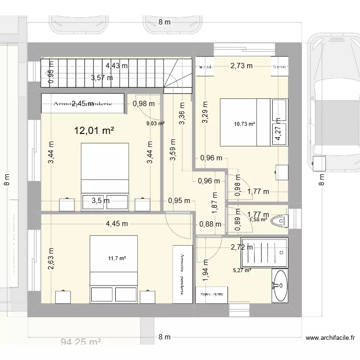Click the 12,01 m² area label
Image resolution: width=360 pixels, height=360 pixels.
point(96,131)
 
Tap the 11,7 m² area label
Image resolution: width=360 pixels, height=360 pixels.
point(117,258)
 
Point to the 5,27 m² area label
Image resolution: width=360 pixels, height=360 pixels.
point(242,271)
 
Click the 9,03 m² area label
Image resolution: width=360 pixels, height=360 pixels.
point(155,123)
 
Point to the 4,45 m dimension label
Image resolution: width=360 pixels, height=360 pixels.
point(118,223)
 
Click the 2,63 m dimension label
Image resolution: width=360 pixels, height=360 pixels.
point(51,259)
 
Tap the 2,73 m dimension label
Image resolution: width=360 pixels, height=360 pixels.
point(241,66)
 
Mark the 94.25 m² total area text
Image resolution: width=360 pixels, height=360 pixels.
point(81,343)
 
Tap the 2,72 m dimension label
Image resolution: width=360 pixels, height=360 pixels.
point(241,247)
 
